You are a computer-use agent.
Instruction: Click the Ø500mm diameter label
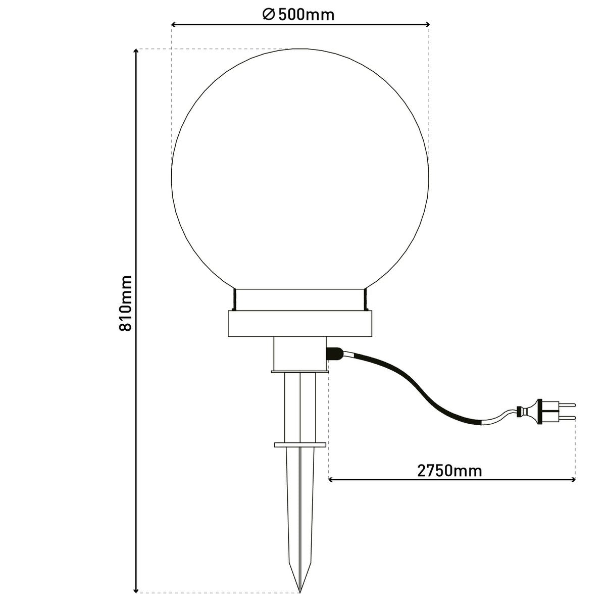coord(299,15)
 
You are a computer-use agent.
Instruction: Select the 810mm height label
coord(125,303)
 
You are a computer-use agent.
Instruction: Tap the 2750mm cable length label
coord(449,471)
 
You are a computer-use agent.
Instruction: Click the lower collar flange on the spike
coord(300,445)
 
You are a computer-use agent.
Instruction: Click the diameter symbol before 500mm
coord(268,15)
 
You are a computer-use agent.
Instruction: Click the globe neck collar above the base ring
coord(300,299)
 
